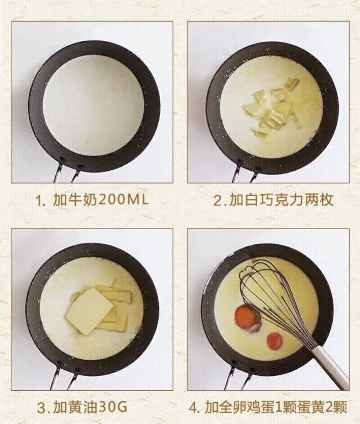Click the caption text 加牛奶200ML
[100, 200]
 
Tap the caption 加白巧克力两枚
[281, 200]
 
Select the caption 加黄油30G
[90, 407]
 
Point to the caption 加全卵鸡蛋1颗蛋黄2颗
[276, 407]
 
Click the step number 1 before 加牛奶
[39, 201]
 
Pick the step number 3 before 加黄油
[41, 408]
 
